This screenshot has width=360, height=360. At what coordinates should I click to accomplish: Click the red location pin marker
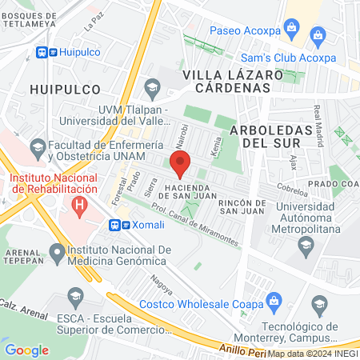pyautogui.click(x=180, y=164)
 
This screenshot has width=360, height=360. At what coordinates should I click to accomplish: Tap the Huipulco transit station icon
pyautogui.click(x=46, y=52)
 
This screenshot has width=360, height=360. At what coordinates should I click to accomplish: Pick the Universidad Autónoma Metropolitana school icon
pyautogui.click(x=304, y=243)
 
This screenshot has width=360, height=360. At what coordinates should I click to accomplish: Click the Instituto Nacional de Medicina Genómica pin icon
pyautogui.click(x=56, y=254)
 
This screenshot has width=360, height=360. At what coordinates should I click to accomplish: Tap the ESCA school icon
pyautogui.click(x=75, y=297)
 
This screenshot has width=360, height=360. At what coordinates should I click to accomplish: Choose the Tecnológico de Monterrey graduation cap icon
pyautogui.click(x=320, y=303)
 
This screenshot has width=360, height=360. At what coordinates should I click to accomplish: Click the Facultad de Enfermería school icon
pyautogui.click(x=38, y=147)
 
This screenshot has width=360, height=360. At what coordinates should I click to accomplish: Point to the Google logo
pyautogui.click(x=26, y=350)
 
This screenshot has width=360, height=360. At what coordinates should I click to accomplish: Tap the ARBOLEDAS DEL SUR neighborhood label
pyautogui.click(x=265, y=136)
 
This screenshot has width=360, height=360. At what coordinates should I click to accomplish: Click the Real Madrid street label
pyautogui.click(x=318, y=120)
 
